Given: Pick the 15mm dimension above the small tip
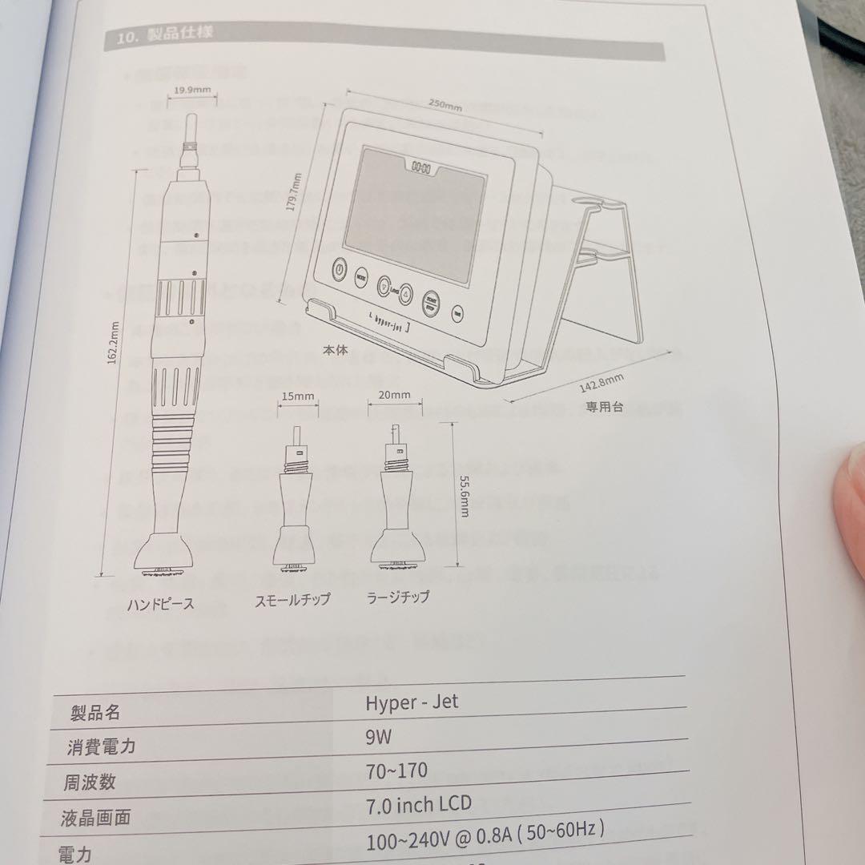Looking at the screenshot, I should (x=298, y=396).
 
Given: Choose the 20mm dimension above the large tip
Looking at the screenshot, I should (x=394, y=395).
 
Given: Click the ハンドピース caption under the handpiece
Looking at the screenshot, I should (x=160, y=603).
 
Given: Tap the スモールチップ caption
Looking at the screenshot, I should (x=292, y=599).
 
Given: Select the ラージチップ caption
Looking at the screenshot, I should (x=397, y=597).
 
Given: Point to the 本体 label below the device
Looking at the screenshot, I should (x=336, y=350).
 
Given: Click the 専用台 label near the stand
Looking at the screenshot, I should (x=604, y=406).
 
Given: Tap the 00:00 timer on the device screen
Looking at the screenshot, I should (x=421, y=168).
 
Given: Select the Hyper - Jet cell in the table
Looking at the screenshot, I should (x=412, y=703).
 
